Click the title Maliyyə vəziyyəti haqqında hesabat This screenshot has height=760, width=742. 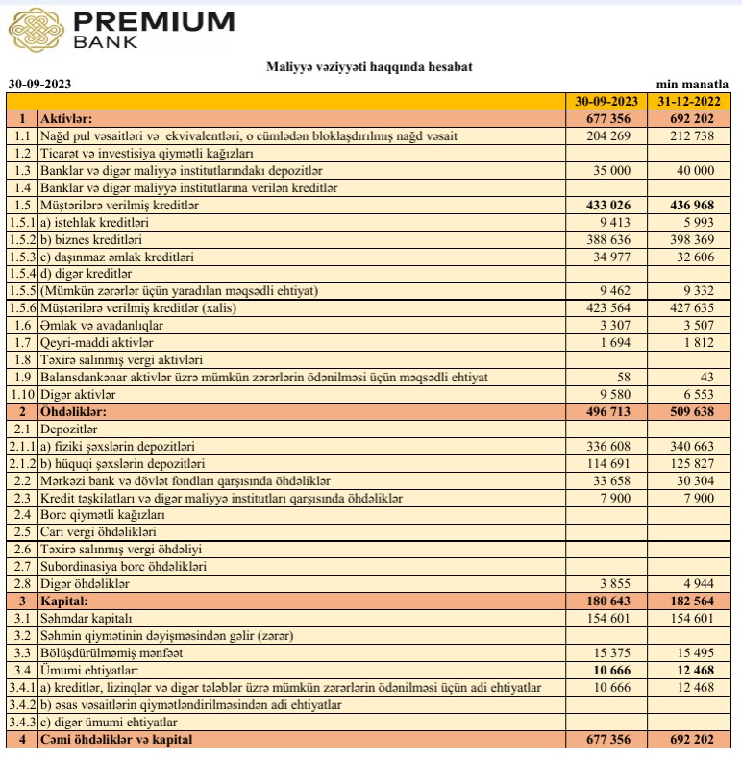pos(369,66)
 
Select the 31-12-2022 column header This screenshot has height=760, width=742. pos(689,101)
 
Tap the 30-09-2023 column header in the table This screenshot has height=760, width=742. pos(606,101)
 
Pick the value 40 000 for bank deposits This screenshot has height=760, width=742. pos(696,170)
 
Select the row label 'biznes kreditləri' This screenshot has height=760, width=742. pos(94,239)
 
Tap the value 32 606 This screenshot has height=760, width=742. pos(696,257)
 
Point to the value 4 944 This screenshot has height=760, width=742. pos(699,583)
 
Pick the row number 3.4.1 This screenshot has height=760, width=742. pos(21,687)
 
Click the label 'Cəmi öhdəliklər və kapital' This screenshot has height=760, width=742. pos(116,739)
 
